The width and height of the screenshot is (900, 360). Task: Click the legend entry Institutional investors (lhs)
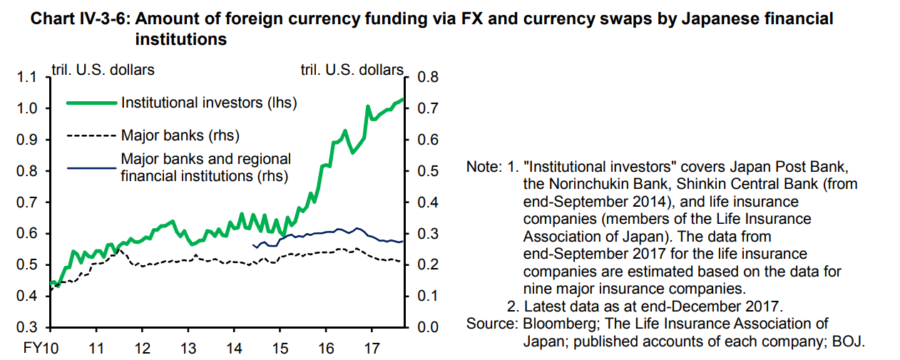point(209,103)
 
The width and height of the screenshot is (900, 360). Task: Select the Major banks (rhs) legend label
point(180,135)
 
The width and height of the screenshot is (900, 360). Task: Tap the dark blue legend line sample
point(91,168)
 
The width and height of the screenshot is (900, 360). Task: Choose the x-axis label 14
point(234,349)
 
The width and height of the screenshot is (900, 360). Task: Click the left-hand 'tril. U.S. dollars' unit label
point(103,70)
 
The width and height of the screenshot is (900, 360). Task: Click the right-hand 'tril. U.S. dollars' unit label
point(352,70)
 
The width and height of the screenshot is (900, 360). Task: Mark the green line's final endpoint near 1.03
point(403,99)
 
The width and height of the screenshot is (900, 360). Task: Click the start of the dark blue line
point(253,245)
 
